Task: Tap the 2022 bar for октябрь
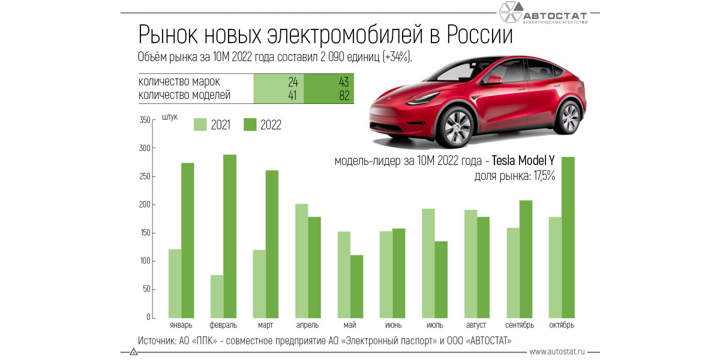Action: click(x=568, y=238)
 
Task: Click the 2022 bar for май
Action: click(x=357, y=287)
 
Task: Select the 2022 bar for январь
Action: click(x=188, y=241)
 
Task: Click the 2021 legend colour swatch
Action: click(x=200, y=125)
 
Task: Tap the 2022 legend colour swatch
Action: click(x=250, y=125)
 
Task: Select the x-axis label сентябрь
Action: click(x=520, y=325)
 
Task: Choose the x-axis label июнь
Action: click(x=394, y=325)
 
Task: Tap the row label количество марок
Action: click(x=179, y=82)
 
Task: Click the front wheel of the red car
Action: click(x=454, y=127)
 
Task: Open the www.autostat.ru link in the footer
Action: click(x=557, y=351)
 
